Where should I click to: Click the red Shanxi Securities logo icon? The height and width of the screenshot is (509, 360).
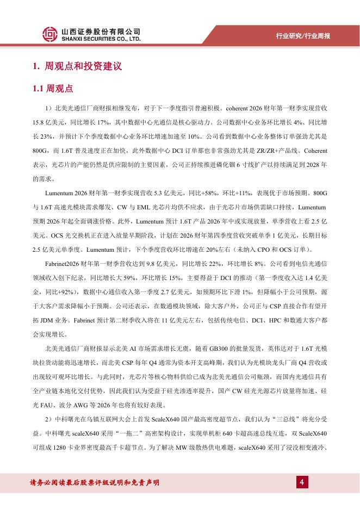pos(50,35)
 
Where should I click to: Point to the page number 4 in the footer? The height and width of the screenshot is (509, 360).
pos(301,482)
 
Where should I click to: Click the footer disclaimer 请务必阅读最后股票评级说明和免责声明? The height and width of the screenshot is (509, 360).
pos(95,483)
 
